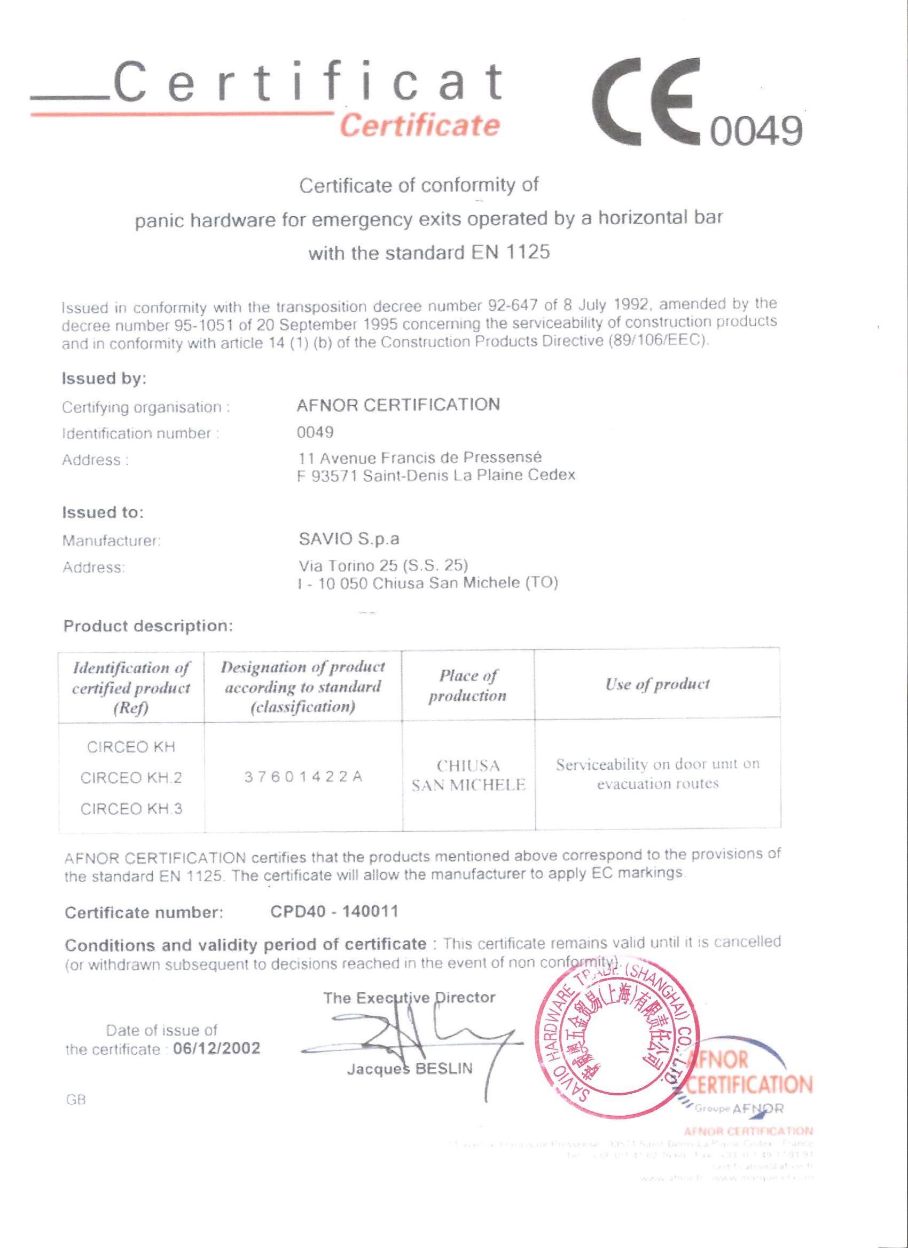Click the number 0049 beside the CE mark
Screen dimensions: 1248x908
tap(755, 132)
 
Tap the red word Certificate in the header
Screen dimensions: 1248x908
tap(420, 125)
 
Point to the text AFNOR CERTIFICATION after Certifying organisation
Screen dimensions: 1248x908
tap(398, 405)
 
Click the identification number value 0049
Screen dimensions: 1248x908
tap(315, 432)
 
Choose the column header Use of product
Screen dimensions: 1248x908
tap(657, 684)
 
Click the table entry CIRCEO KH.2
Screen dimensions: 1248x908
tap(131, 778)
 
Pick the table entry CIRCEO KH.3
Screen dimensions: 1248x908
tap(131, 808)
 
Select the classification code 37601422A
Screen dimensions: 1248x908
tap(303, 778)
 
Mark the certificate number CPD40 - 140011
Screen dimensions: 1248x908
tap(334, 912)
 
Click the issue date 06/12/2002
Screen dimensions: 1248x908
tap(216, 1048)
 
